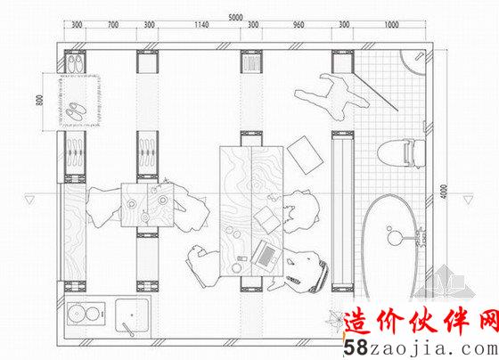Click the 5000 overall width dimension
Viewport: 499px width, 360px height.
235,17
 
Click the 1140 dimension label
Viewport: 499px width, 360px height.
201,25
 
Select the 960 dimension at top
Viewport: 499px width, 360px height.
299,25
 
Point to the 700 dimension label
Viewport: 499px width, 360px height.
113,25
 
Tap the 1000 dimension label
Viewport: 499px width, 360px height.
391,25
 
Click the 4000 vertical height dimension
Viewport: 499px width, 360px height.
445,192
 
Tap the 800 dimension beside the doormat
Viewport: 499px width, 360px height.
40,101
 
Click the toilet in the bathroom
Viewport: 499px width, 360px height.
401,153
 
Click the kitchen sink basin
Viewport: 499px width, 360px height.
132,315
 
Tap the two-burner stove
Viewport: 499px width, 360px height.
86,314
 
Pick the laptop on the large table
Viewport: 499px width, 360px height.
266,256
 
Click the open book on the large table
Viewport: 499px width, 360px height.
267,219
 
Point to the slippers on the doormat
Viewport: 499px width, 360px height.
76,111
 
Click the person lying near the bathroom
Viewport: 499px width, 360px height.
331,96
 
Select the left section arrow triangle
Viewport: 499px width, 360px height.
29,200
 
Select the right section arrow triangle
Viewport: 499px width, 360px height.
468,200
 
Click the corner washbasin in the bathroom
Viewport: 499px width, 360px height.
413,62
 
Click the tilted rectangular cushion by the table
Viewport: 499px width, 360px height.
305,155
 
